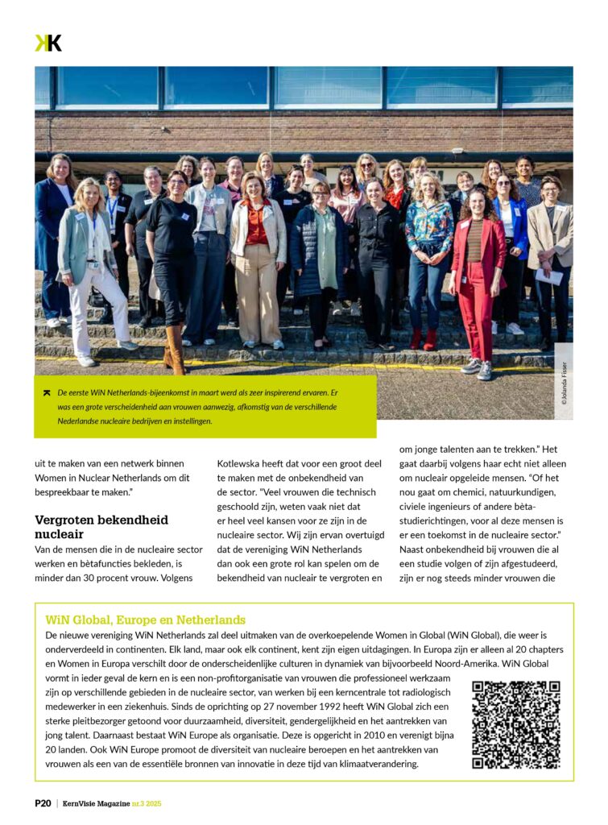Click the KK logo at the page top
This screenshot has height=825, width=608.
click(48, 43)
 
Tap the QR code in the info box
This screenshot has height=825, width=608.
click(515, 724)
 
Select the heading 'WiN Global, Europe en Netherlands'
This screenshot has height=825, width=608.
click(146, 620)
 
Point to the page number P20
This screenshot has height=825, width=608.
click(43, 803)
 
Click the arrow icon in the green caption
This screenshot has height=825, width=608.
click(48, 392)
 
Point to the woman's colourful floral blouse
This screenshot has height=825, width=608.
click(428, 230)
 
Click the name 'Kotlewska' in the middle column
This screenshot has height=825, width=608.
click(242, 463)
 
